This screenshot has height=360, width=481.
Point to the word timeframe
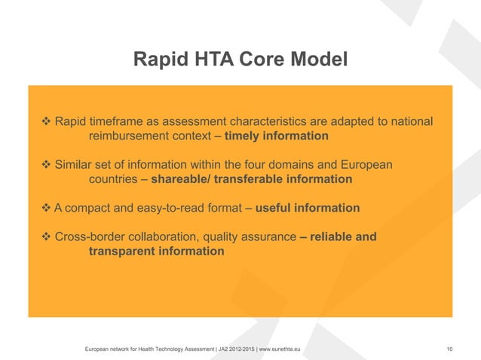click(119, 122)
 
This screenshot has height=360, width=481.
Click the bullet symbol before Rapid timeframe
click(44, 122)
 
